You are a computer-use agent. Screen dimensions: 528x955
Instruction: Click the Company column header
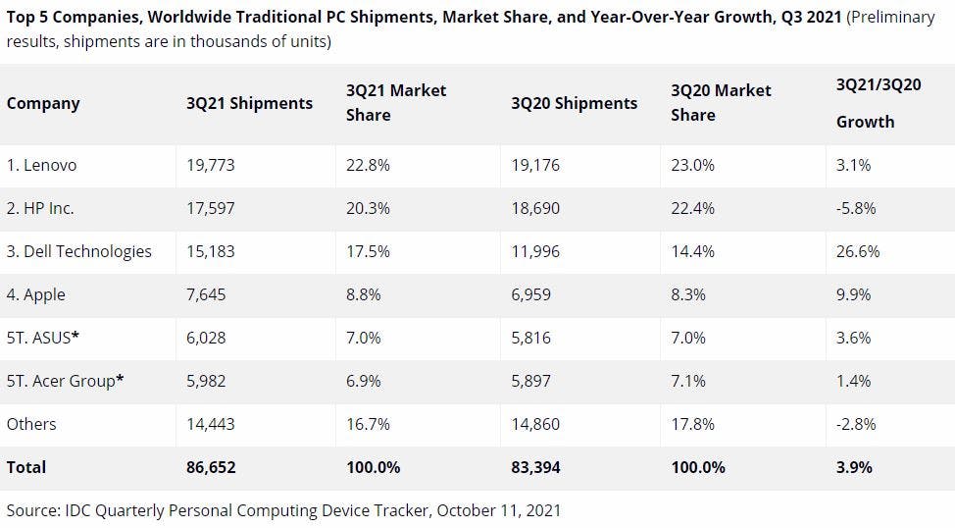coord(43,103)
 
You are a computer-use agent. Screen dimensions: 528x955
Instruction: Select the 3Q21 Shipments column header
coord(250,103)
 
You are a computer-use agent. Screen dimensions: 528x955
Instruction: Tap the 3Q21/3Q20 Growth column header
coord(879,103)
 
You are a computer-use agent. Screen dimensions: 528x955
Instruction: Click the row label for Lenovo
coord(41,165)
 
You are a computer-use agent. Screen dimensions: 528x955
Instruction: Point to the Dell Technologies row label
coord(79,251)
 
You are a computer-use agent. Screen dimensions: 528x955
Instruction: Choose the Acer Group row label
coord(65,381)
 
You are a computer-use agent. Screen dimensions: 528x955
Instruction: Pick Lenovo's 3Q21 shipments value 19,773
coord(211,165)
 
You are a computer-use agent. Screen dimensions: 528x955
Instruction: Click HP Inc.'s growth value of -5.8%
coord(856,208)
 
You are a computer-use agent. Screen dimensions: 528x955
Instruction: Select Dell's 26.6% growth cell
coord(858,251)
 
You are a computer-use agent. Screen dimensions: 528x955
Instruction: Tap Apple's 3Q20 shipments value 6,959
coord(531,294)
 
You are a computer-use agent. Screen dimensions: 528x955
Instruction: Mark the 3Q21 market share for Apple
coord(368,294)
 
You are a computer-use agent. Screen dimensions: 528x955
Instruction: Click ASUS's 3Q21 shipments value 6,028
coord(206,338)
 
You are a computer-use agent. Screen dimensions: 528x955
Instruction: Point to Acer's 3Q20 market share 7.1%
coord(688,381)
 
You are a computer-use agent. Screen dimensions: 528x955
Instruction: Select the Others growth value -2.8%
coord(856,424)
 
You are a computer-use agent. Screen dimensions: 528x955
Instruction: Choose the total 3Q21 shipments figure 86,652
coord(212,467)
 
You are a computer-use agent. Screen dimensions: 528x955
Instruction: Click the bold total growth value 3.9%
coord(854,467)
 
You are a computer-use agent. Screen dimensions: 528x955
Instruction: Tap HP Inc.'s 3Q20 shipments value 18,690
coord(535,208)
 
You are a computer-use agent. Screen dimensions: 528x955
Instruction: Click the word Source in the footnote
coord(33,510)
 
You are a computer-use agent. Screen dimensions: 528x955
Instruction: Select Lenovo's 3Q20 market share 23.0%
coord(693,165)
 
